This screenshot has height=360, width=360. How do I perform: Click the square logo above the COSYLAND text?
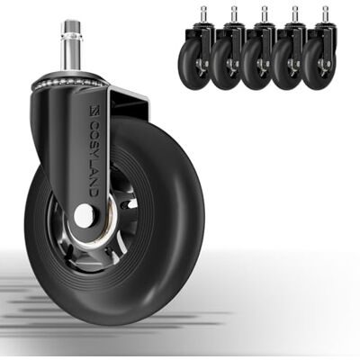(x=94, y=110)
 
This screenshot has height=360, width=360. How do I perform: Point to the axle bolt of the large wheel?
(x=84, y=215)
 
